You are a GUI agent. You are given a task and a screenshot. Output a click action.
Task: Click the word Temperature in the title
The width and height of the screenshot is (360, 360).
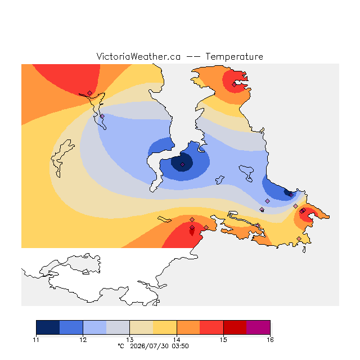(234, 56)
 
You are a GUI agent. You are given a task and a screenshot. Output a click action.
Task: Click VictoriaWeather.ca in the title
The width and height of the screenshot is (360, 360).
(138, 56)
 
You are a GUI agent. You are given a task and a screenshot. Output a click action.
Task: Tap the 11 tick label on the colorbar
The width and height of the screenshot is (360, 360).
(36, 340)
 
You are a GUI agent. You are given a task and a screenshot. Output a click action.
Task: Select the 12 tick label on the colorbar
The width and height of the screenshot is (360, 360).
(83, 340)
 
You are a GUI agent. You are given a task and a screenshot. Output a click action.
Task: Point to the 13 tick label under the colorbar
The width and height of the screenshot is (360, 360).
(130, 340)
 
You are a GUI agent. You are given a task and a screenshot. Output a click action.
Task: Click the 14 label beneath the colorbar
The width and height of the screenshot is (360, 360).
(177, 340)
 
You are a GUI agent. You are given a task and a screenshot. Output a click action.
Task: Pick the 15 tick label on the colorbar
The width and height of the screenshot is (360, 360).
(223, 340)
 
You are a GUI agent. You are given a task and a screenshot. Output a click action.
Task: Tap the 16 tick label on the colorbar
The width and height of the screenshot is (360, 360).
(270, 340)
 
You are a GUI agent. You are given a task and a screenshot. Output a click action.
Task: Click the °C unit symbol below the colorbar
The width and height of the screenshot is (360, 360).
(121, 346)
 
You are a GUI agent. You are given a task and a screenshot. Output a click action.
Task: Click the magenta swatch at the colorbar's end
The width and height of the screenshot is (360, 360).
(258, 327)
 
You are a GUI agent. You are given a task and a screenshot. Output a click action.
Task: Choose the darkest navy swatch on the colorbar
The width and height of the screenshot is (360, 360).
(48, 327)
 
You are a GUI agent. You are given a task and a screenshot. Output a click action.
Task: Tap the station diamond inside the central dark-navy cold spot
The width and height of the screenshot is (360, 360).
(182, 164)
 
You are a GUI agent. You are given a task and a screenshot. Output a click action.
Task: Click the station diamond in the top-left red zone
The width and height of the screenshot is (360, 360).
(90, 93)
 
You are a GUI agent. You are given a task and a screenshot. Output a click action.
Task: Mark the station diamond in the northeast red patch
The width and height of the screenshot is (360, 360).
(234, 85)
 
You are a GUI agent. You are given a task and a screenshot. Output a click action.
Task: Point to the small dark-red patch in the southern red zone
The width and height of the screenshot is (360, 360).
(192, 231)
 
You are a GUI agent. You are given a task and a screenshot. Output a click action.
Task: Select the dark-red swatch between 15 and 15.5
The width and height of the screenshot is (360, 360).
(235, 327)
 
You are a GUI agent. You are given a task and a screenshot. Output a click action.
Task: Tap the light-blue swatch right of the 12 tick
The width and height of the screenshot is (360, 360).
(94, 327)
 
